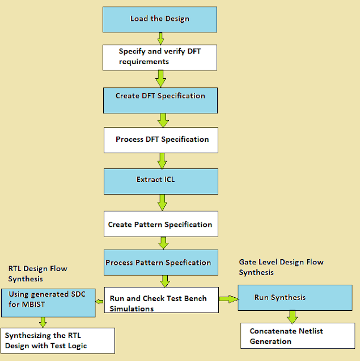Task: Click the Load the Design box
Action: coord(159,19)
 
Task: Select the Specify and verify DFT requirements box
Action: coord(159,57)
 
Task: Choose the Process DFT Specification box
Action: coord(161,140)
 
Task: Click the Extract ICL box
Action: coord(161,180)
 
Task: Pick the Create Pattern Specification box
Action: coord(160,224)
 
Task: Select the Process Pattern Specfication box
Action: coord(159,262)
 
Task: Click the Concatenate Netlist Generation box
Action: coord(290,335)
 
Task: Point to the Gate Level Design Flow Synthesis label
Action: coord(281,267)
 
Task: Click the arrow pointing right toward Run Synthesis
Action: coord(228,298)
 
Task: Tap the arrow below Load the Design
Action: coord(160,39)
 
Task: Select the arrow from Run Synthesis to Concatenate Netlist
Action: coord(292,316)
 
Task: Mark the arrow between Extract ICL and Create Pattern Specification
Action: coord(162,202)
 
